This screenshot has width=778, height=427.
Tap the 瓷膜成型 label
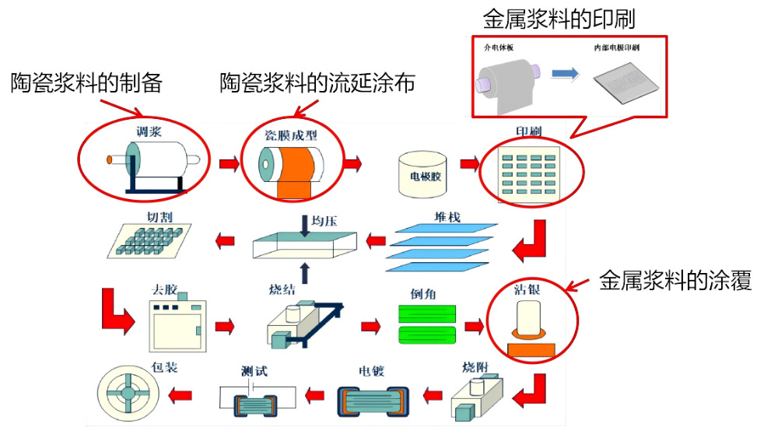(292, 135)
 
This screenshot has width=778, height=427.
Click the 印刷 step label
(529, 131)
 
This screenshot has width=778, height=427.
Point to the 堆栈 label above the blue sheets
(447, 216)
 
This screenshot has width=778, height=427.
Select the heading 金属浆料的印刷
(559, 17)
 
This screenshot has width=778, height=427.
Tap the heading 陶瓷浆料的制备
(86, 82)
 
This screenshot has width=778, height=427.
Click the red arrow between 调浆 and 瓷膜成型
(229, 164)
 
